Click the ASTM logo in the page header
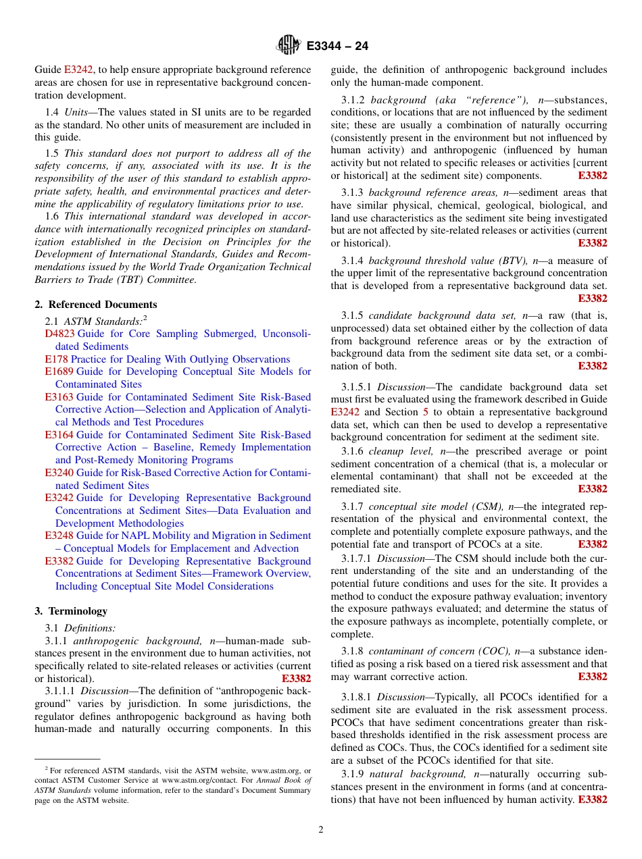tap(289, 45)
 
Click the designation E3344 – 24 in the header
tap(337, 46)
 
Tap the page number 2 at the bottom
tap(321, 830)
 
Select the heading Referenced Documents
tap(103, 305)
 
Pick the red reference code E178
tap(56, 359)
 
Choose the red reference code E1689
tap(59, 371)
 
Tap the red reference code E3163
tap(59, 397)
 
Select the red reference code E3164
tap(59, 435)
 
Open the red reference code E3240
tap(59, 473)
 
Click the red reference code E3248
tap(59, 536)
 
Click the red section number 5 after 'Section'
tap(426, 412)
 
